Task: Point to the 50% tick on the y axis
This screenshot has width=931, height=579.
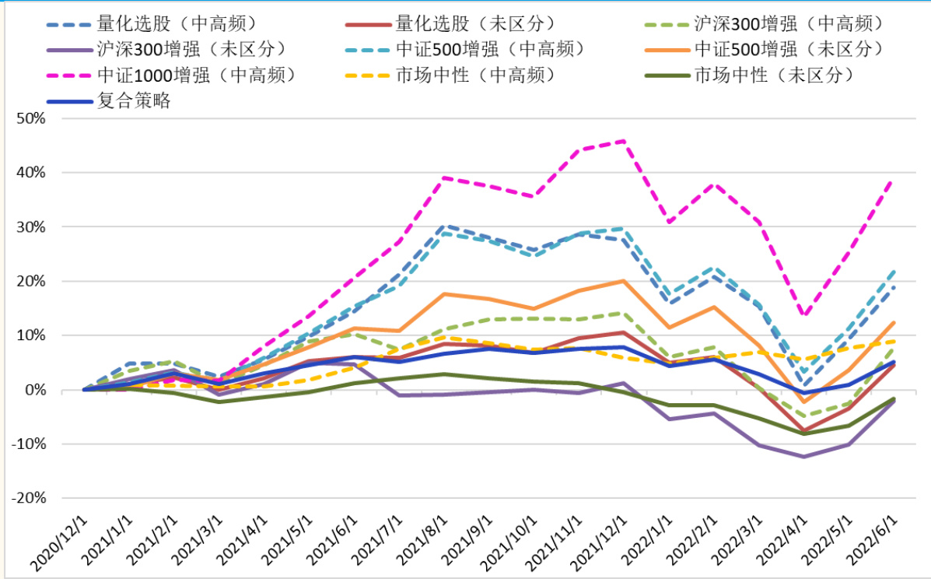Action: tap(30, 118)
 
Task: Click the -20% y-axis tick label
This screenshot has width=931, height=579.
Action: tap(27, 498)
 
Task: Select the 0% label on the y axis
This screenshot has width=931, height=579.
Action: tap(35, 390)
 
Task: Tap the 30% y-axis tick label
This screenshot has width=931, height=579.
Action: tap(30, 227)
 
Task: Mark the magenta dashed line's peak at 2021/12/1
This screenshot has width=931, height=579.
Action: tap(624, 141)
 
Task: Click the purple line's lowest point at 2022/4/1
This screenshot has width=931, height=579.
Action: tap(803, 457)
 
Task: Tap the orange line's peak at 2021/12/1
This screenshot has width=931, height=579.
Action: tap(624, 280)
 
